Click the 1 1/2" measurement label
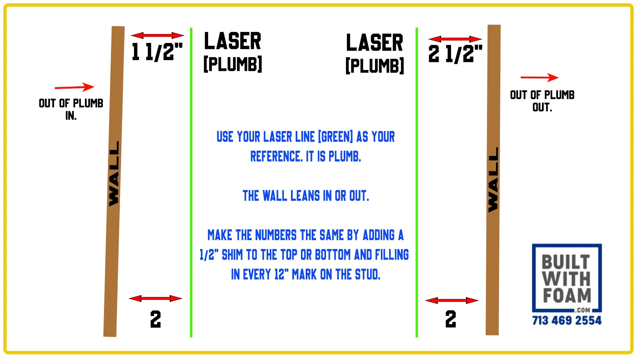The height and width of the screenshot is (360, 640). pos(157,52)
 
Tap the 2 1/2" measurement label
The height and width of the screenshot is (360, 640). pos(455,54)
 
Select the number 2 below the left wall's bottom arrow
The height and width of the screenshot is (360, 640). pos(155,319)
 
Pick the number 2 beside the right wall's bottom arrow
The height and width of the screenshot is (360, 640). pos(451,319)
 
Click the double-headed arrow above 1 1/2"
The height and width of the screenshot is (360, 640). pos(157,35)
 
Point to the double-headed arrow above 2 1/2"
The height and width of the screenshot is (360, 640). pos(455,39)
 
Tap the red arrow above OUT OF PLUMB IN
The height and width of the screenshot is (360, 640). pos(75,87)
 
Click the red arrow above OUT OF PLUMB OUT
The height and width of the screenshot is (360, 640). pos(540,78)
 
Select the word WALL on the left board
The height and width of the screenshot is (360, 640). pos(114,174)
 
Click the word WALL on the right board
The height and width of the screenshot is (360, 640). pos(493,180)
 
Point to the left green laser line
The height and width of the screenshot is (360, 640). pos(191,182)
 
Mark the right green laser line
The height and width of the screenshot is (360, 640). pos(417,182)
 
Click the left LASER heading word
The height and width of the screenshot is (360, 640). pos(232,41)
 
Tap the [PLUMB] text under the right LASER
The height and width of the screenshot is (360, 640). pos(375,66)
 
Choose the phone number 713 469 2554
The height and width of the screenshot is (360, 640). pos(567,320)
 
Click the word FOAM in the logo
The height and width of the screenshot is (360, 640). pos(567,295)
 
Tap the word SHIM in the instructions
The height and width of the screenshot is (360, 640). pos(232,255)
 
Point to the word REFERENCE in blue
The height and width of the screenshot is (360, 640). pos(276,156)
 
